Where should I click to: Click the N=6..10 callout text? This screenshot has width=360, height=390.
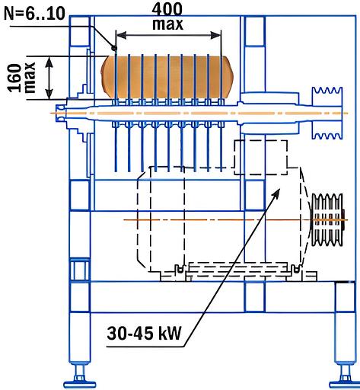[x=34, y=14]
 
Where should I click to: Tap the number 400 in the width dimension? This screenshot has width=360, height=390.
[x=167, y=10]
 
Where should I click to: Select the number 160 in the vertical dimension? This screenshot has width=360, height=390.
[x=14, y=78]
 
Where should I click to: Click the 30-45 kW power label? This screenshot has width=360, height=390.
[x=144, y=333]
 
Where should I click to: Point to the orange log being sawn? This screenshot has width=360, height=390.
[x=167, y=78]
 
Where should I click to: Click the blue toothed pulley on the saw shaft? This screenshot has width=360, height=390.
[x=327, y=113]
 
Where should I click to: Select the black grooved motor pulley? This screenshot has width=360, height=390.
[x=328, y=219]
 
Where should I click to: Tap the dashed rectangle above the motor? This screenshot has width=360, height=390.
[x=261, y=158]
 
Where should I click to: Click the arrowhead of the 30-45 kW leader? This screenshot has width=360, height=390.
[x=276, y=193]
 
